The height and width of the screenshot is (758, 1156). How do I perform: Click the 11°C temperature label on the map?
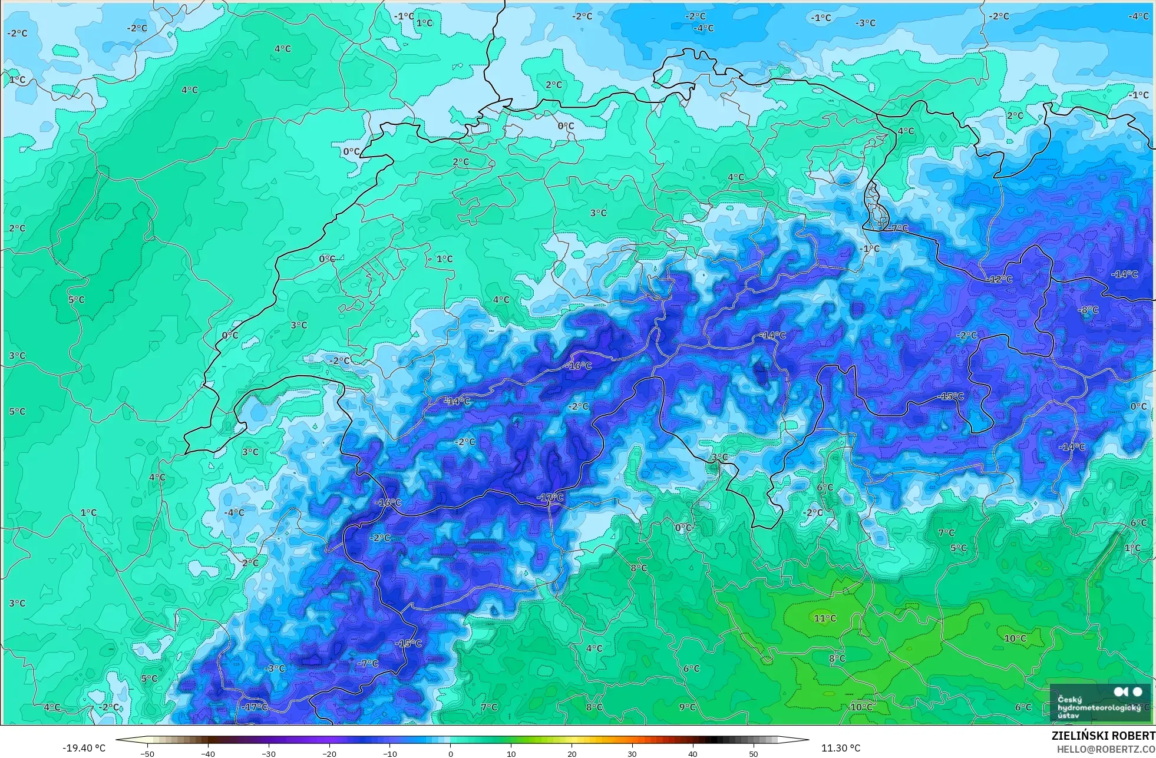(x=825, y=618)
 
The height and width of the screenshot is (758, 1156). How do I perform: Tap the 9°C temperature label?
(x=687, y=707)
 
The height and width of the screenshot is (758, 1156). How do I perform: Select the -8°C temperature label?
(x=1088, y=310)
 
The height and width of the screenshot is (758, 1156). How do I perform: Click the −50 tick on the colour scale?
(x=147, y=753)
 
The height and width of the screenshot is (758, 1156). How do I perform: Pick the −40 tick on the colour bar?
(x=208, y=753)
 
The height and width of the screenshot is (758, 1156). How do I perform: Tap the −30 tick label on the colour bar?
(x=269, y=753)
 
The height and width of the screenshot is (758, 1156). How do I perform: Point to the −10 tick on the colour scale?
(x=390, y=753)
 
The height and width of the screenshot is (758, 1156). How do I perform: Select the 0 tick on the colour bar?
(x=451, y=753)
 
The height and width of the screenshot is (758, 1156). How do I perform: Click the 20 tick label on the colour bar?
(x=572, y=753)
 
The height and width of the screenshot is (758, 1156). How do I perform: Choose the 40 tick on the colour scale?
(x=693, y=753)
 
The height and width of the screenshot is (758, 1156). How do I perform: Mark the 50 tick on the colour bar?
(x=754, y=753)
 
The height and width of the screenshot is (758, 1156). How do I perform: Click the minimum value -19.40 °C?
(x=84, y=749)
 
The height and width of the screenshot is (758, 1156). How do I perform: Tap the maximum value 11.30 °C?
(x=841, y=749)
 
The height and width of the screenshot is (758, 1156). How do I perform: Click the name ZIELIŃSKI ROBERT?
(x=1103, y=736)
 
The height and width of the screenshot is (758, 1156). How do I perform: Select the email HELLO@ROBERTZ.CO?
(x=1105, y=749)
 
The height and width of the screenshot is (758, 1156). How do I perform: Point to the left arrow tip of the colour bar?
(x=117, y=740)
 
